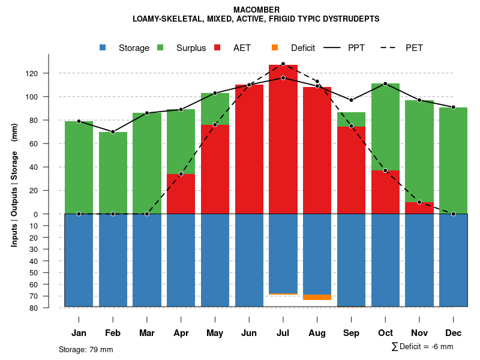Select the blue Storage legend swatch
point(103,48)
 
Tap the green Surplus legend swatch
point(160,48)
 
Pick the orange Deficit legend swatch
point(275,48)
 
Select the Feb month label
point(113,333)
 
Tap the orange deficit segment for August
point(317,297)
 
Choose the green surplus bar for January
point(79,168)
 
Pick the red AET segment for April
point(181,194)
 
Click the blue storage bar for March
point(147,260)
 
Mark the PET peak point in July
point(283,64)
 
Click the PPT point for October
point(385,83)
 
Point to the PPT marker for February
point(113,132)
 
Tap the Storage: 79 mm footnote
point(86,349)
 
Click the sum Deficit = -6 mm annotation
point(422,347)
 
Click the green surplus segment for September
point(351,119)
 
